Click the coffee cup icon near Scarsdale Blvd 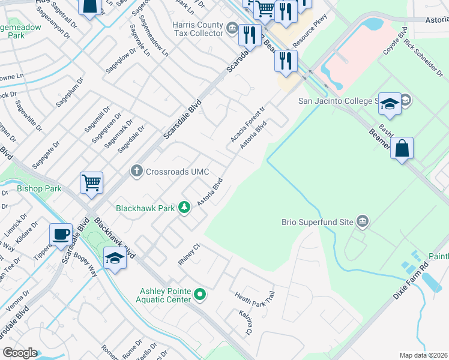click(61, 234)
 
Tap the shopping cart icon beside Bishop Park click(91, 182)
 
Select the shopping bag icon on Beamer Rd click(402, 148)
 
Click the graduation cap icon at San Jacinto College click(390, 104)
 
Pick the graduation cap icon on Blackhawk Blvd click(115, 258)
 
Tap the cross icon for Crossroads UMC click(137, 172)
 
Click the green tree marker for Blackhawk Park click(185, 208)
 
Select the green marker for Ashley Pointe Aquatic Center click(200, 295)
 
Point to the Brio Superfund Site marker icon click(362, 222)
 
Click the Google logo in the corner click(20, 353)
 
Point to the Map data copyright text click(423, 355)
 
